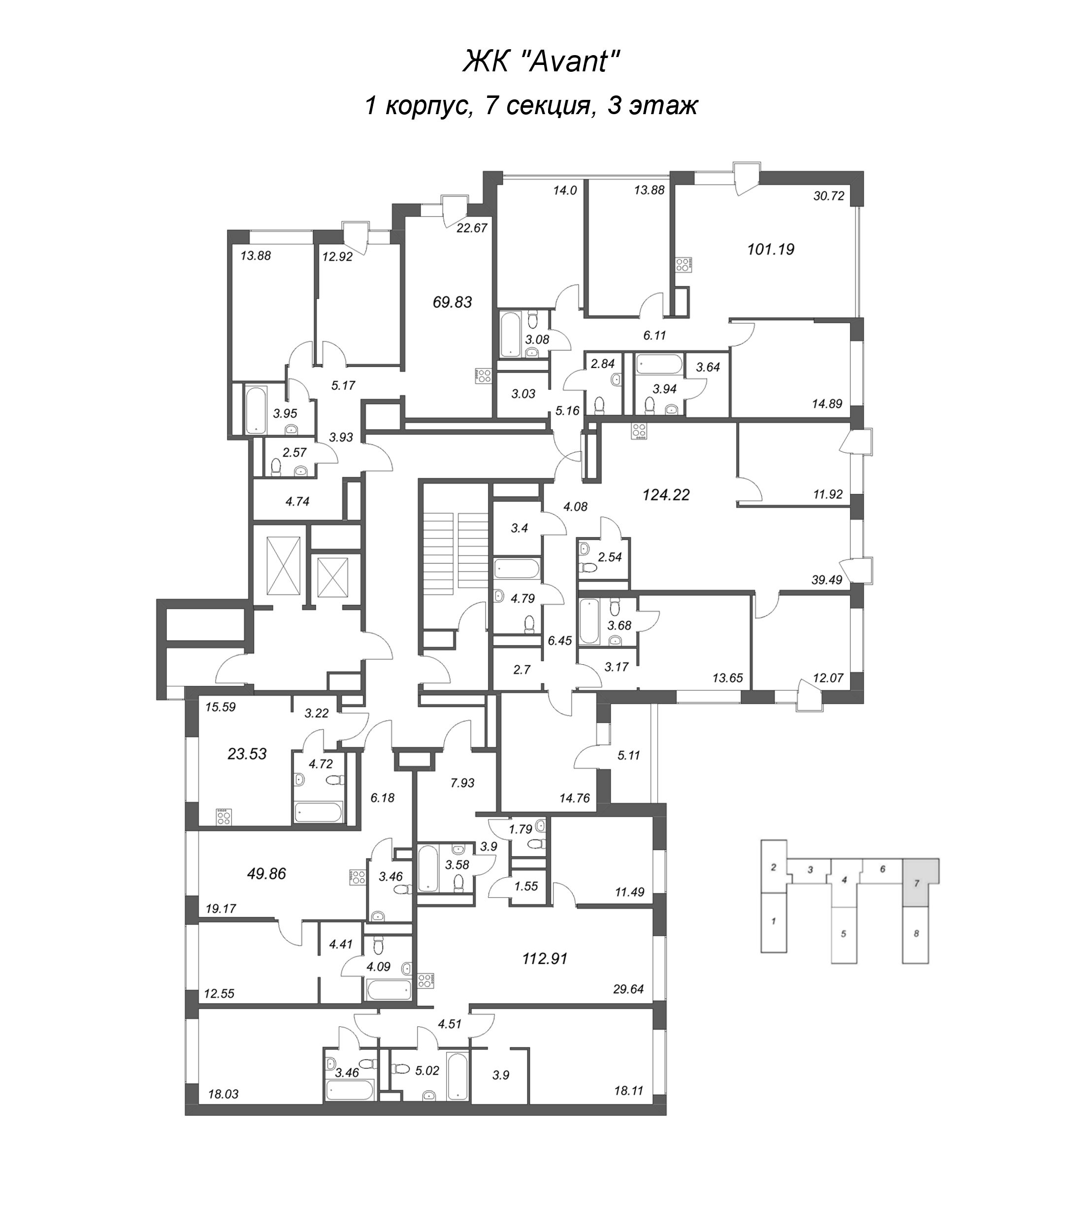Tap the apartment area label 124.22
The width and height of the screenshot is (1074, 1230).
[666, 494]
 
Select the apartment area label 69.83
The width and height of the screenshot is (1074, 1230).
[453, 303]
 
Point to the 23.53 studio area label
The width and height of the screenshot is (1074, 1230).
[247, 754]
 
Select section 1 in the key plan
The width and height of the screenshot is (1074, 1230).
[773, 921]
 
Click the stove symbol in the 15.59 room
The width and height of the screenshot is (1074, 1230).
[224, 817]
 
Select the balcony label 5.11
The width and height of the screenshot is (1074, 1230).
[629, 755]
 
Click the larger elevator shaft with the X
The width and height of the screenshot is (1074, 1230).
[284, 564]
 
